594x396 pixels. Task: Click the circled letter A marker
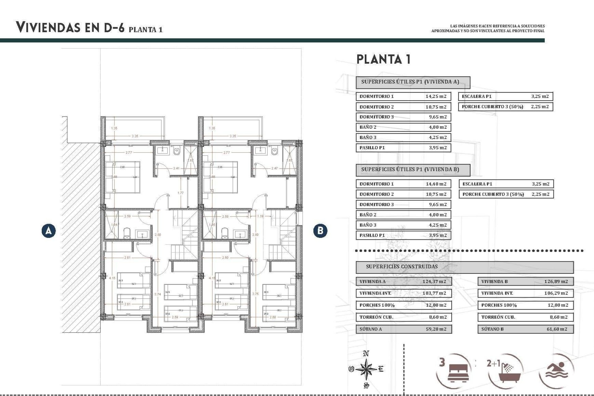pyautogui.click(x=49, y=230)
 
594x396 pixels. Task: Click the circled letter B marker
pyautogui.click(x=320, y=230)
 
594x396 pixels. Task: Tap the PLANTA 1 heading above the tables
pyautogui.click(x=384, y=59)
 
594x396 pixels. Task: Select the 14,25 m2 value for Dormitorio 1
pyautogui.click(x=436, y=96)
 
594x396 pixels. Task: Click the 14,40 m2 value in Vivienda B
pyautogui.click(x=436, y=184)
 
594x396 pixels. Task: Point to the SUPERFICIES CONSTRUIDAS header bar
pyautogui.click(x=464, y=267)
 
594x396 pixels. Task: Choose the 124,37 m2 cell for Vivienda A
pyautogui.click(x=434, y=282)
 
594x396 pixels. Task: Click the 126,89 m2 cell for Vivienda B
pyautogui.click(x=556, y=282)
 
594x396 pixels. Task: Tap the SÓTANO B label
pyautogui.click(x=493, y=329)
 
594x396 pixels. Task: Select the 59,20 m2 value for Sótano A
pyautogui.click(x=436, y=329)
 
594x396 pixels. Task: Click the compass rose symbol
pyautogui.click(x=366, y=369)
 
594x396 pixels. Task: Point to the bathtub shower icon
pyautogui.click(x=509, y=373)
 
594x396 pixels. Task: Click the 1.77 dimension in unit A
pyautogui.click(x=180, y=193)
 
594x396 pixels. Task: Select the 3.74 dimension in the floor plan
pyautogui.click(x=157, y=294)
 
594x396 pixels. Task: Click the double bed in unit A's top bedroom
pyautogui.click(x=123, y=177)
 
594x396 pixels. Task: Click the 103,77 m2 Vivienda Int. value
pyautogui.click(x=434, y=293)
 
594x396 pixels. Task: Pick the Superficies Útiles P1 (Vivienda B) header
pyautogui.click(x=413, y=170)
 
